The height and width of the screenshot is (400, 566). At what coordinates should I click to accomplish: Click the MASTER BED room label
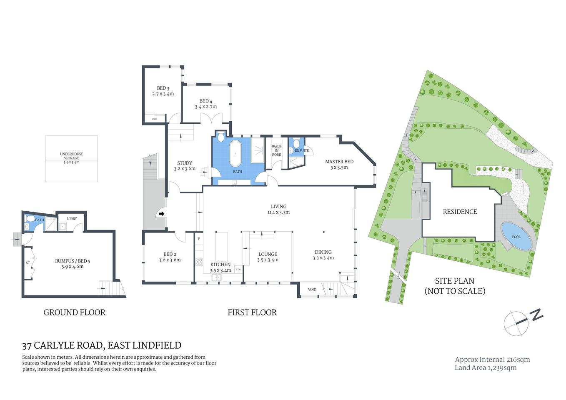[339, 162]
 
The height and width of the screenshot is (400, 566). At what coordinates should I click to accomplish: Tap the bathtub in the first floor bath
[236, 153]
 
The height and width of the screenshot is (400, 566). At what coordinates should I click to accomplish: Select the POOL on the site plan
[516, 236]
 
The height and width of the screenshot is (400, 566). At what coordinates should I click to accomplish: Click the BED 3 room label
[163, 88]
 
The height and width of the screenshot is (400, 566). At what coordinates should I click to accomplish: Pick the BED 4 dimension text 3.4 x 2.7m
[206, 107]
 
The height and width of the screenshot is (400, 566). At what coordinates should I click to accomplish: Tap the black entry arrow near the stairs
[161, 214]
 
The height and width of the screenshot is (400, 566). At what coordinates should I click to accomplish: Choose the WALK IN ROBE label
[276, 150]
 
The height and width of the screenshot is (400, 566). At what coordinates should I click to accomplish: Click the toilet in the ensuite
[296, 144]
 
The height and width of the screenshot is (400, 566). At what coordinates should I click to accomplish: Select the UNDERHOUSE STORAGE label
[72, 156]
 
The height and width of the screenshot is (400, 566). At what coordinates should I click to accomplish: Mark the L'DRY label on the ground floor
[72, 219]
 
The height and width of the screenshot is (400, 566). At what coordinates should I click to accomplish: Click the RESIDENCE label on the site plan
[460, 212]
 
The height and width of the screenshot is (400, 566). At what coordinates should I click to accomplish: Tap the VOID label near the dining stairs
[312, 289]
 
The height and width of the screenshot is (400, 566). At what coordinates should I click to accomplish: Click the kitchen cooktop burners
[199, 262]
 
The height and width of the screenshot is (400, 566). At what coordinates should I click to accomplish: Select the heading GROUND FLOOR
[75, 312]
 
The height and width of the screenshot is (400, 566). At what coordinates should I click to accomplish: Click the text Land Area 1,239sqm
[486, 367]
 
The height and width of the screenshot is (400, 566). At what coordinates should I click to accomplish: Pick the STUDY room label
[185, 163]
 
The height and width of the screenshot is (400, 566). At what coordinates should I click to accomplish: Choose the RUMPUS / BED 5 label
[73, 261]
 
